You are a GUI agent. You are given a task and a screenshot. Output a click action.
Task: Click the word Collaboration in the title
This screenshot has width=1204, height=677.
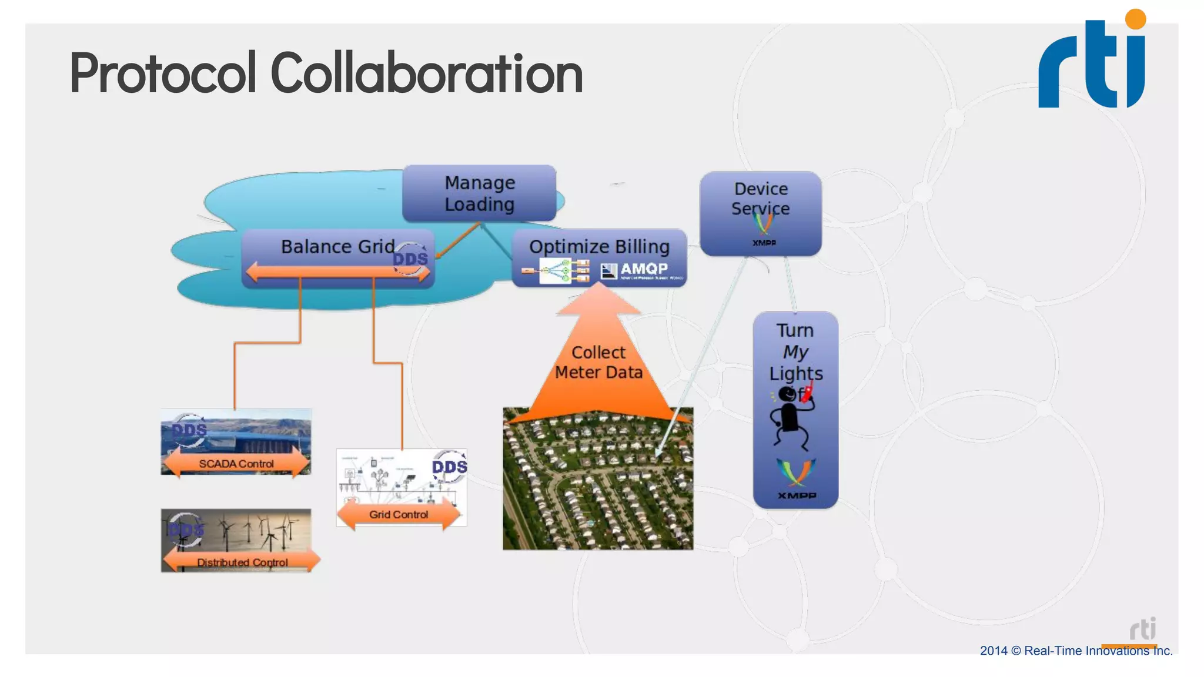pos(426,73)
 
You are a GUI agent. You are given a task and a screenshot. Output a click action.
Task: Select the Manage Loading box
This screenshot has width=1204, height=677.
pos(479,193)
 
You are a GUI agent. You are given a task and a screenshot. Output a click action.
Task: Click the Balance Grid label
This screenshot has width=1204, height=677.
pos(337,246)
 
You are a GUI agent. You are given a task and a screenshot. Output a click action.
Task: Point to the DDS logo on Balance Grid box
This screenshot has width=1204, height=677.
pos(410,259)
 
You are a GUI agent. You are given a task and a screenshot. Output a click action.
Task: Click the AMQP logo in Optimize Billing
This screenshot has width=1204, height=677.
pos(642,270)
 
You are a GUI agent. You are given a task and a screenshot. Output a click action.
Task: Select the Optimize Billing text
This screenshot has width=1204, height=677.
pos(599,246)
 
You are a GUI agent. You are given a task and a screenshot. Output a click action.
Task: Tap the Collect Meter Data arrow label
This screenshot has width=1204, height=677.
pos(598,362)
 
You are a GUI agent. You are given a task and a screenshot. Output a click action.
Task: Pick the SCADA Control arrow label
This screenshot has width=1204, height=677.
pos(236,464)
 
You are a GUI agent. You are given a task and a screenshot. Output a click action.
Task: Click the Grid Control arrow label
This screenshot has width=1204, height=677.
pos(398,514)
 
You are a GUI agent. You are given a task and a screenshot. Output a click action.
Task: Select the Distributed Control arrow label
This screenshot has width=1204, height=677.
pos(242,562)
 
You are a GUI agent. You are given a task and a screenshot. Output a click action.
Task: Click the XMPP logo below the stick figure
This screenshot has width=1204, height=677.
pos(796,479)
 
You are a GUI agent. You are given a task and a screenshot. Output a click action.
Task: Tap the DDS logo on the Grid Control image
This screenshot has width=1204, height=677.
pos(449,467)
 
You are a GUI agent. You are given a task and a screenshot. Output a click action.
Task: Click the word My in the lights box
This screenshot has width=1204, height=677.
pos(795,352)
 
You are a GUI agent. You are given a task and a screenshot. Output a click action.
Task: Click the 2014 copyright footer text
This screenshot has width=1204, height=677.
pos(1075,651)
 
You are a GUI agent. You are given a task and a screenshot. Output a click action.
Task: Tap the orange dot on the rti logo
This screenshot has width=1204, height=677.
pos(1135,19)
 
